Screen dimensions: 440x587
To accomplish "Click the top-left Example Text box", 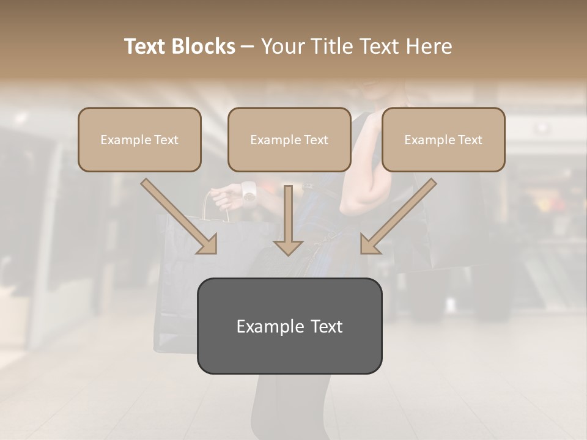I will pos(139,139).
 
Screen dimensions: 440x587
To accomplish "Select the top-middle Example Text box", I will pos(289,139).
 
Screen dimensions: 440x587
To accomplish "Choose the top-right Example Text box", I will pos(443,139).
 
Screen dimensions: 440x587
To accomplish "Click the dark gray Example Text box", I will pos(289,326).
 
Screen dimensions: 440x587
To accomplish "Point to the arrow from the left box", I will pos(180,217).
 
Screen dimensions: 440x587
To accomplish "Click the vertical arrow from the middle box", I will pos(289,220).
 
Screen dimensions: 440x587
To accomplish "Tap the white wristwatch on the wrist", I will pos(248,191).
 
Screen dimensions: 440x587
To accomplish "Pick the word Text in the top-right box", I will pos(470,140).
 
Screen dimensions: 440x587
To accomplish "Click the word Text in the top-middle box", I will pos(316,140).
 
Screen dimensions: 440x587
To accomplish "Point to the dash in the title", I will pos(248,46).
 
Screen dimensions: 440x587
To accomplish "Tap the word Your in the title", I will pos(282,46).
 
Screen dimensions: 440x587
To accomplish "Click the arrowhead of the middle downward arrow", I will pos(289,247).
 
